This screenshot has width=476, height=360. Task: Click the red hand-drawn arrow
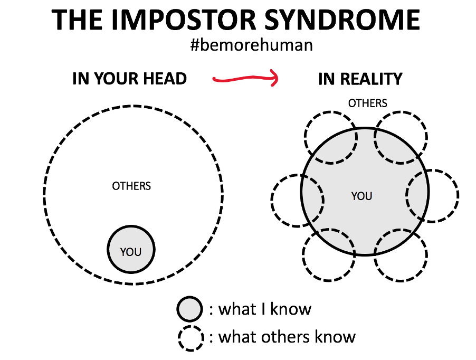(244, 80)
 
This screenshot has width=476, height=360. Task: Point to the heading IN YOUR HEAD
(129, 79)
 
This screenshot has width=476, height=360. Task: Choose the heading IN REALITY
(360, 79)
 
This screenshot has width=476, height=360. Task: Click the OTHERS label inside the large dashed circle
(131, 186)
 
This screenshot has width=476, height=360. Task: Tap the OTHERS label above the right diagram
(367, 103)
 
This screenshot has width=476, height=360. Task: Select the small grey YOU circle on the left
(131, 250)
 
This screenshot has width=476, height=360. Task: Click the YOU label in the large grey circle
(361, 196)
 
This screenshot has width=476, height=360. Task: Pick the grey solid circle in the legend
(189, 309)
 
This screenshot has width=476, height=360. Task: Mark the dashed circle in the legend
(191, 337)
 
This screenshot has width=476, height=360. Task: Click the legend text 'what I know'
(264, 309)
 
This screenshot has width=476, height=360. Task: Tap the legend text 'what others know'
(287, 336)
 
